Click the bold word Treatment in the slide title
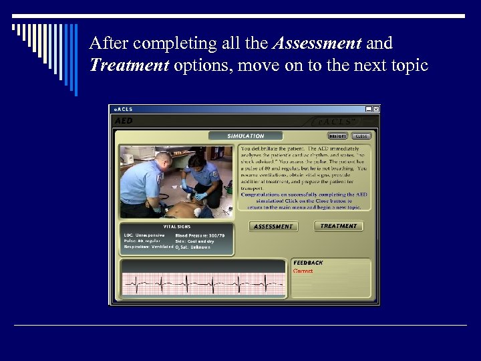coord(129,67)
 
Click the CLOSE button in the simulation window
coord(361,136)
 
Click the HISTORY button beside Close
coord(338,136)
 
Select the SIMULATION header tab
coord(245,136)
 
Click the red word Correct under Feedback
coord(303,271)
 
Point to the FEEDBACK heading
coord(308,263)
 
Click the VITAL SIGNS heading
coord(178,227)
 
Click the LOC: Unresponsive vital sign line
coord(144,235)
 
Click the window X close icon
coord(375,109)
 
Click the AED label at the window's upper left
coord(124,121)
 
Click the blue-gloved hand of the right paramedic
coord(184,183)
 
